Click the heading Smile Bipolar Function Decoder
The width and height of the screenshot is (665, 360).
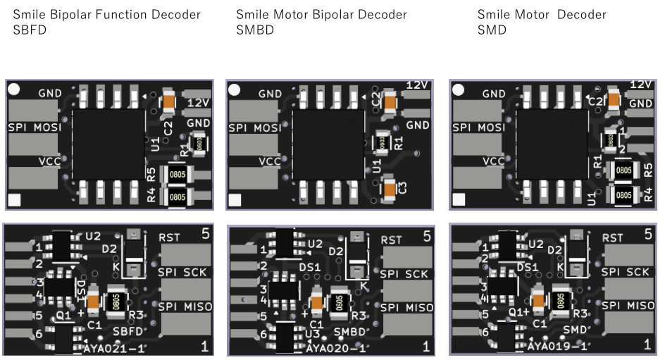tap(106, 15)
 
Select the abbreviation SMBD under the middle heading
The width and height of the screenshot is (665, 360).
tap(255, 30)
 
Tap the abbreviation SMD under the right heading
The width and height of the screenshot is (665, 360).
tap(492, 30)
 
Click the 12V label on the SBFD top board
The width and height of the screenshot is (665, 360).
tap(199, 103)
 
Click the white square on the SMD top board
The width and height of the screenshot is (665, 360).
tap(459, 200)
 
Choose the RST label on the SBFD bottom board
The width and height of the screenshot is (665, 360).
tap(170, 237)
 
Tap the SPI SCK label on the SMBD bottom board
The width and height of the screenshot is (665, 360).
tap(404, 274)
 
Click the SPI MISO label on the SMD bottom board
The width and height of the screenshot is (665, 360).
tap(628, 306)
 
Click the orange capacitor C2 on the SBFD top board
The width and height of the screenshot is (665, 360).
tap(168, 102)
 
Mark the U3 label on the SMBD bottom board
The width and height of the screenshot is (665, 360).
tap(315, 333)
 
